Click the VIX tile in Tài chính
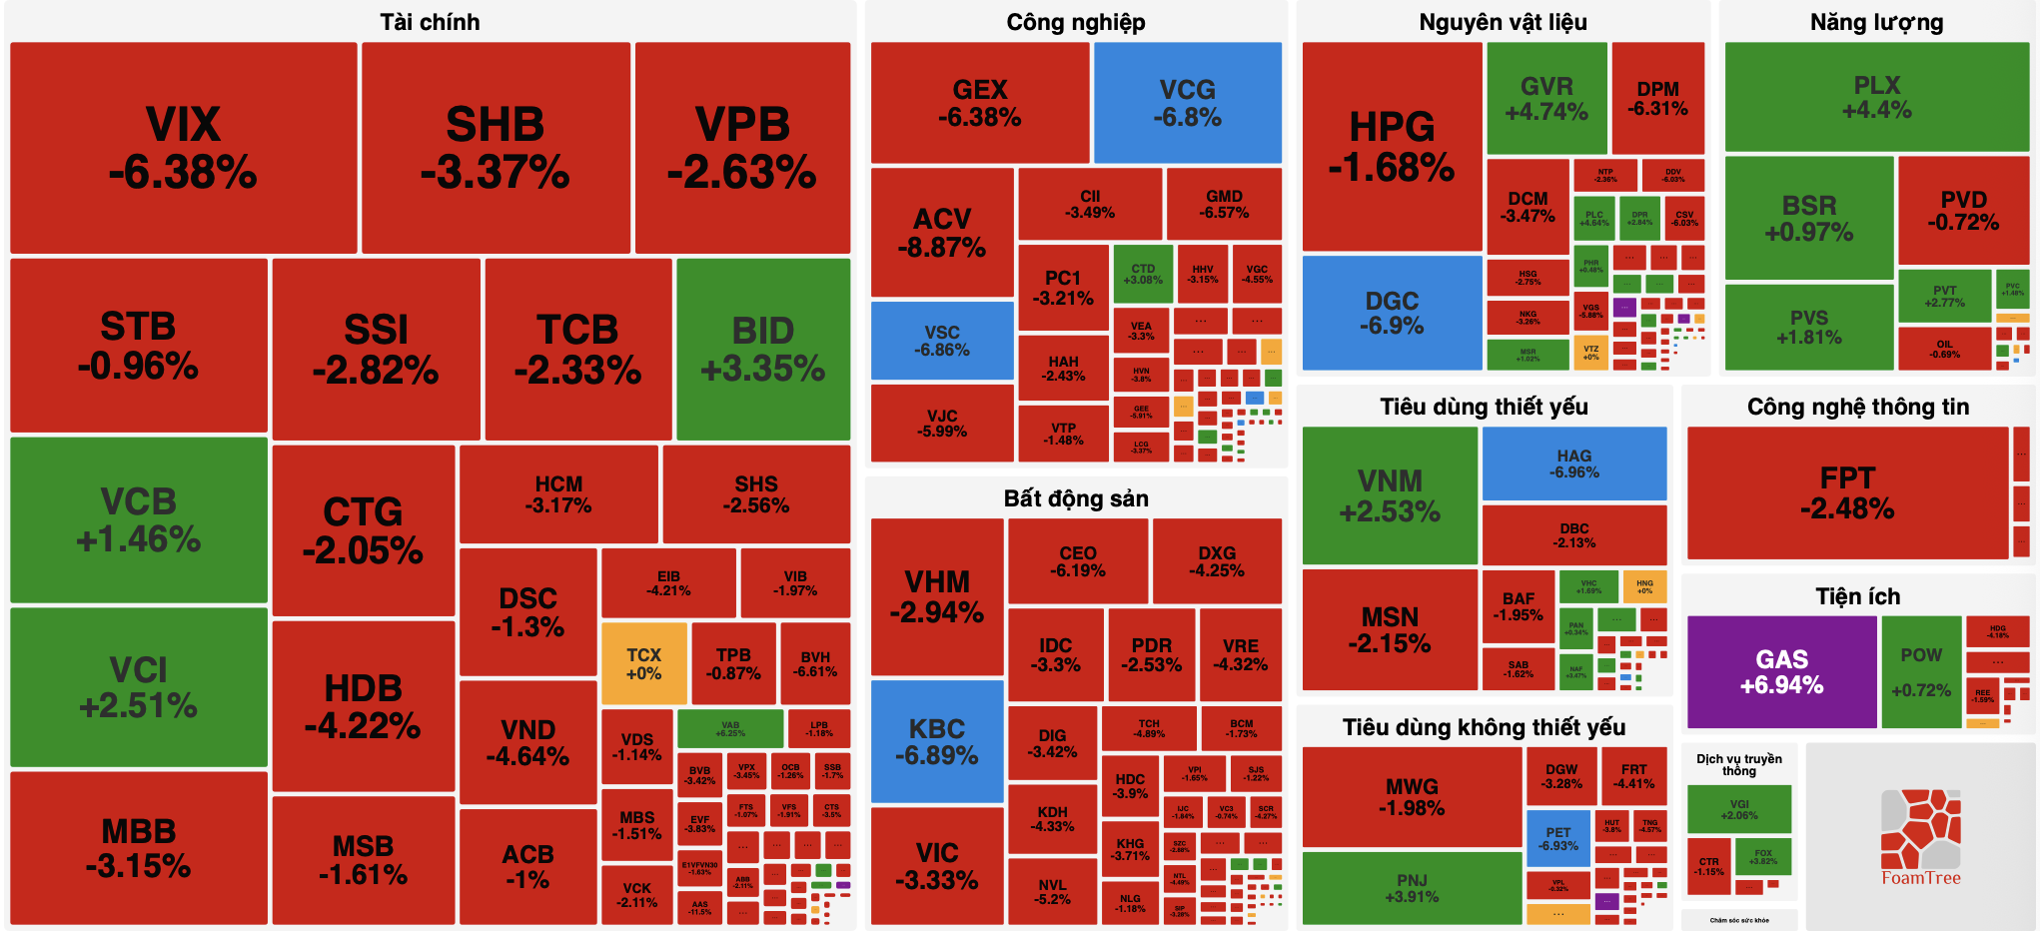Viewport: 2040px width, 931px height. click(183, 147)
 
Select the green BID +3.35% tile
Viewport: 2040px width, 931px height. click(763, 349)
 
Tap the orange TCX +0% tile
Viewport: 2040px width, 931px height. click(643, 663)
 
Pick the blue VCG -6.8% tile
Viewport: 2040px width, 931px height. click(1188, 103)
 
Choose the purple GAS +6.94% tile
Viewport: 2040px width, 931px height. click(1781, 671)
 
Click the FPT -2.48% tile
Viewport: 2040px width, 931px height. click(1847, 492)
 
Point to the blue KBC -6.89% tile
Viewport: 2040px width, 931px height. click(936, 741)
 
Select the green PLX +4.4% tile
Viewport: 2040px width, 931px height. click(1876, 97)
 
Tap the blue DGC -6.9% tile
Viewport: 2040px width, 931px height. click(1392, 313)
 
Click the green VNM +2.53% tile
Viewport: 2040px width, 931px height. click(1390, 495)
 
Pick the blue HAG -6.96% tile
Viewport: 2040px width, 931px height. click(1573, 464)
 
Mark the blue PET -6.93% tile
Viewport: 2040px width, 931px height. click(1558, 838)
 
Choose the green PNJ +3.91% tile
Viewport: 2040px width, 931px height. click(1412, 887)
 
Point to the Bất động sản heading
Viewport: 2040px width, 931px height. click(1075, 498)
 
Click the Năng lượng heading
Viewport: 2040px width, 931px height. click(1876, 22)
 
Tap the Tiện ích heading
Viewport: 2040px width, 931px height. click(1857, 596)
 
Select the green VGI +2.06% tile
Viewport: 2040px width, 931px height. click(1738, 809)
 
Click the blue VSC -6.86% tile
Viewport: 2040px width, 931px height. click(941, 341)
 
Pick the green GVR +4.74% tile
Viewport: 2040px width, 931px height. click(1545, 98)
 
